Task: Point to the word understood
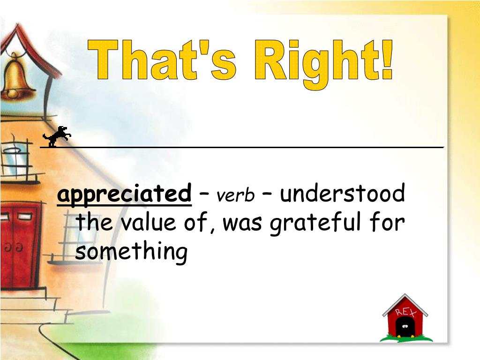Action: [x=342, y=194]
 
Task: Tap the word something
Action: [x=131, y=252]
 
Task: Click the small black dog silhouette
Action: [x=57, y=136]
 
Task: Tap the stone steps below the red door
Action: [x=28, y=305]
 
